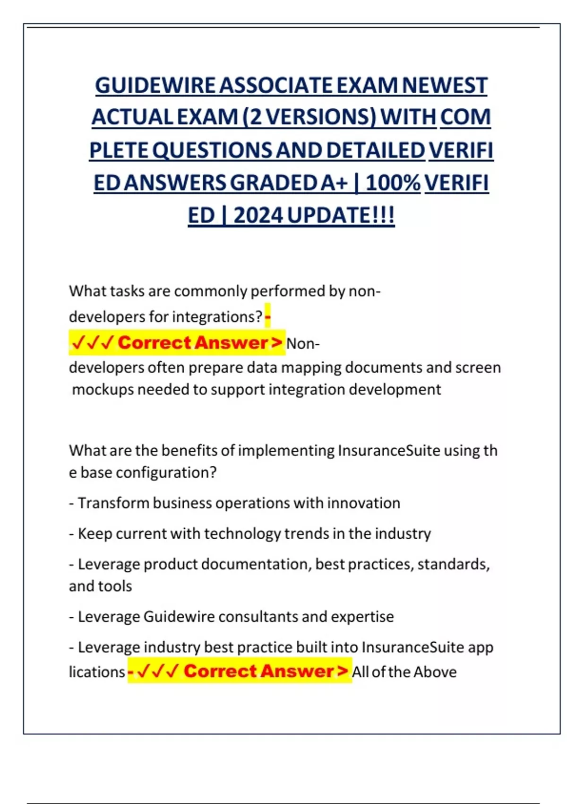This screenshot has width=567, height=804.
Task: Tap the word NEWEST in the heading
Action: (x=445, y=86)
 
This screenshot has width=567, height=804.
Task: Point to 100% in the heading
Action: (x=393, y=183)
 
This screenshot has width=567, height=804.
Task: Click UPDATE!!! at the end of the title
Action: (x=341, y=216)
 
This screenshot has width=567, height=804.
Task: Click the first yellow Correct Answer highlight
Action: (x=177, y=342)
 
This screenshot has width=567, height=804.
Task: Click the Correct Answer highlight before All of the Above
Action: (x=240, y=671)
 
